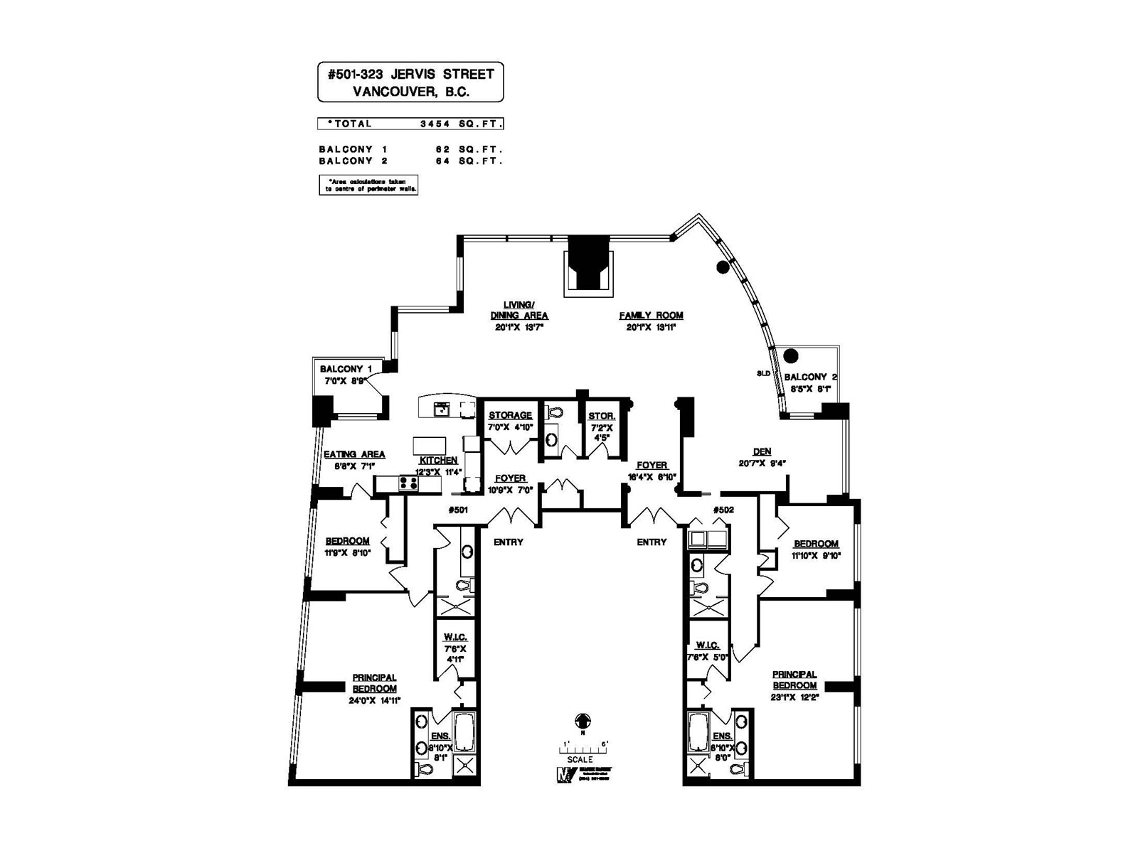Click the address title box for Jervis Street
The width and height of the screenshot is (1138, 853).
(x=410, y=82)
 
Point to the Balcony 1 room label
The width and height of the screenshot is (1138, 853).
(x=346, y=369)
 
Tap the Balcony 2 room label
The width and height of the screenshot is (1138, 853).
(x=805, y=377)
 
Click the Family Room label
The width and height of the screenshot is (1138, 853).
(x=651, y=316)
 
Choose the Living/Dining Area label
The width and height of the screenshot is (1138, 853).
(x=519, y=310)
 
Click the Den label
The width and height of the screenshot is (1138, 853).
(x=762, y=451)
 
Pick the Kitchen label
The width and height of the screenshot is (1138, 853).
(x=438, y=461)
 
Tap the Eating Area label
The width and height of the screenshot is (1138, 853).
(x=354, y=454)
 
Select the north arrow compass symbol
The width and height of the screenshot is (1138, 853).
(x=582, y=721)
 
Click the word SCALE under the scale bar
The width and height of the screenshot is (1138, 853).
(x=581, y=759)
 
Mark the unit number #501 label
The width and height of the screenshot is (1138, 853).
(x=458, y=510)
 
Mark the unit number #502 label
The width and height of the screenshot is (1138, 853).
(x=723, y=510)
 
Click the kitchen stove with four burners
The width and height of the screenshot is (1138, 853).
(x=408, y=483)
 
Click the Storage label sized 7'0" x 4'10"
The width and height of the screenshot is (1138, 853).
(x=510, y=415)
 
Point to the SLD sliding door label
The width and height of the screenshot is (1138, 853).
(x=763, y=373)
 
